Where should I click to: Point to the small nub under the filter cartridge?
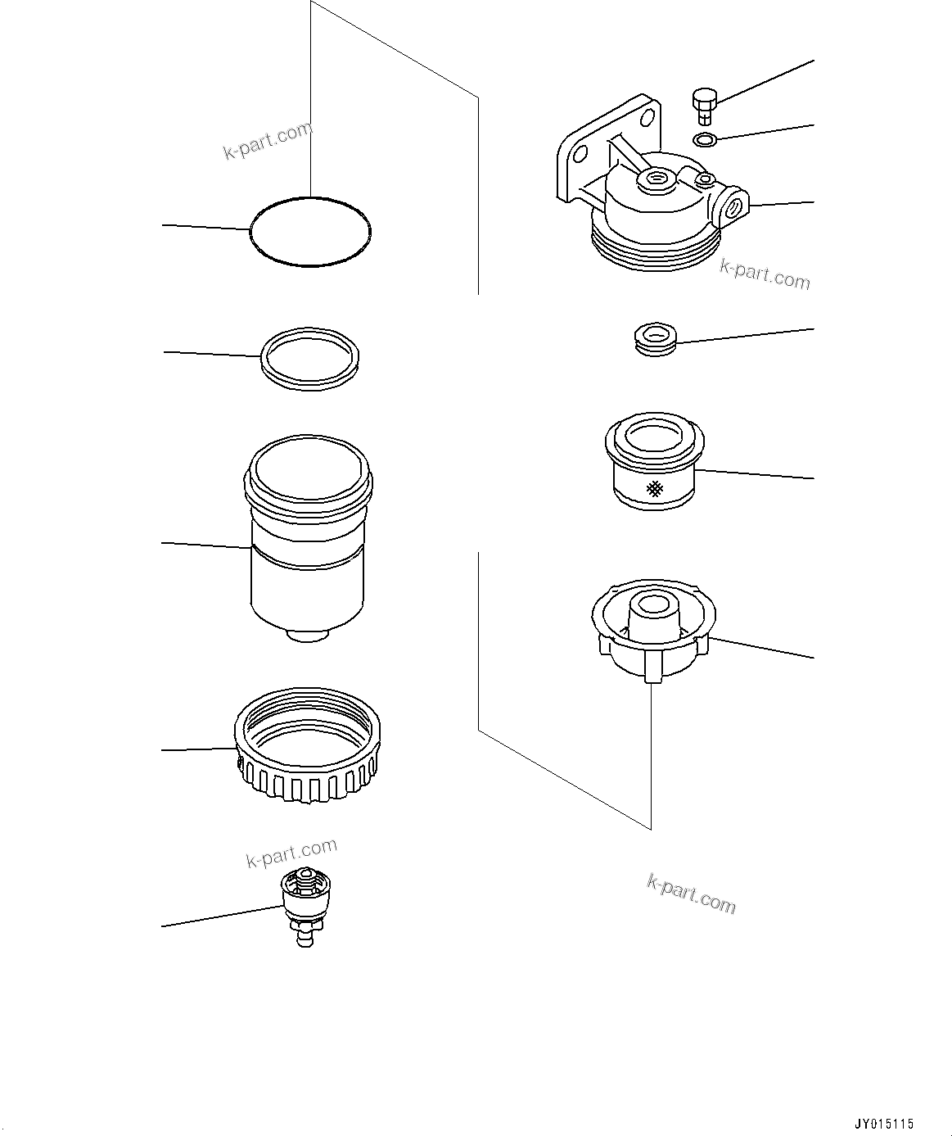point(309,636)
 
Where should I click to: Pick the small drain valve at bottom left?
point(305,905)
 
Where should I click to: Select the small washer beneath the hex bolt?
point(705,140)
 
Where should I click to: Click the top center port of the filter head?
point(656,179)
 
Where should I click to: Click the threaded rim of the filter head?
point(655,250)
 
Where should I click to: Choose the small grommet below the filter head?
point(655,338)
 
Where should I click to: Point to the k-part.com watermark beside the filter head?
point(765,274)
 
